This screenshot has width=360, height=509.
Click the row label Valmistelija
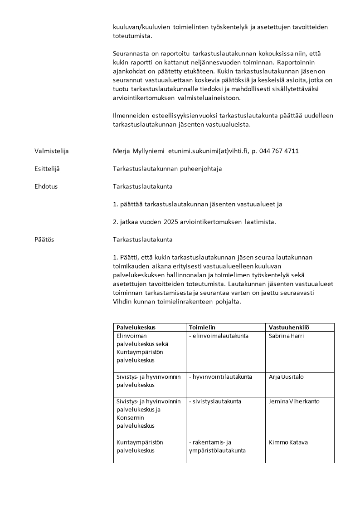pyautogui.click(x=52, y=151)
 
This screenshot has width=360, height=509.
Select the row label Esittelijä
pyautogui.click(x=47, y=169)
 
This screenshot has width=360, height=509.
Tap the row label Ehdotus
pyautogui.click(x=46, y=186)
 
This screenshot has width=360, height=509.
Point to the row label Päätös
pyautogui.click(x=44, y=240)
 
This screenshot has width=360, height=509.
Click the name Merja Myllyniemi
pyautogui.click(x=139, y=151)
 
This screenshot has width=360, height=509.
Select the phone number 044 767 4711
pyautogui.click(x=279, y=151)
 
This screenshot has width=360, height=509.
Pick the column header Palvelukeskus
pyautogui.click(x=136, y=327)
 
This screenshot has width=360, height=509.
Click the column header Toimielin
pyautogui.click(x=202, y=327)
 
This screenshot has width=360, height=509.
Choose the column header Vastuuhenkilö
pyautogui.click(x=289, y=327)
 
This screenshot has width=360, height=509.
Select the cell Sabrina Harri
pyautogui.click(x=286, y=336)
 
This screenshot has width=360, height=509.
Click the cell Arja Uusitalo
pyautogui.click(x=286, y=377)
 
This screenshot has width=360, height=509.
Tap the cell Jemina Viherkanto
pyautogui.click(x=294, y=401)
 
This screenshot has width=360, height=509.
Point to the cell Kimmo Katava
pyautogui.click(x=288, y=442)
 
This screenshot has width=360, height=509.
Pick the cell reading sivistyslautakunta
pyautogui.click(x=215, y=401)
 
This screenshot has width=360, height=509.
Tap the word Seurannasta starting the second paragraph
pyautogui.click(x=130, y=54)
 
